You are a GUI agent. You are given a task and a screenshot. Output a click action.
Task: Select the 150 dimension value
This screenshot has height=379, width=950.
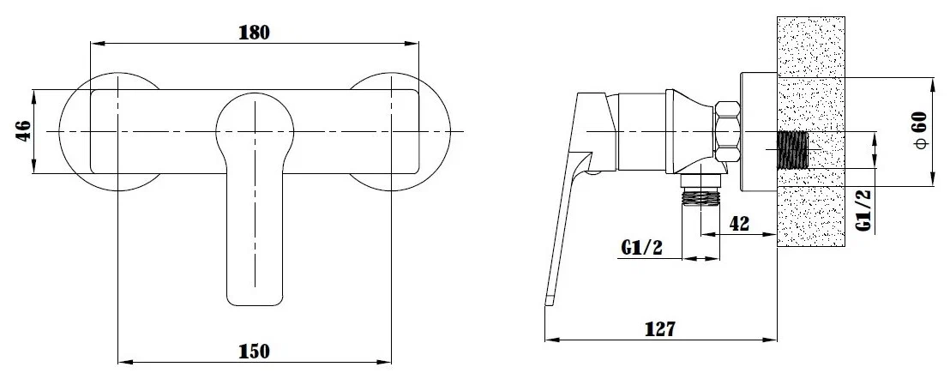(x=255, y=351)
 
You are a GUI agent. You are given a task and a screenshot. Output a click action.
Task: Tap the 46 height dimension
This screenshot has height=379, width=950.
(x=23, y=131)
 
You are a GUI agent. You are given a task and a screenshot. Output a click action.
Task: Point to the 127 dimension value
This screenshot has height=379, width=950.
(x=660, y=329)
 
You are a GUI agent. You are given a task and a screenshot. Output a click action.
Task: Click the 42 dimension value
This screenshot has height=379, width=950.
(x=738, y=224)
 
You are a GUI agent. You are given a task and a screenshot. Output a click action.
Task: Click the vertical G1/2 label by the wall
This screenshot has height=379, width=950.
(x=865, y=209)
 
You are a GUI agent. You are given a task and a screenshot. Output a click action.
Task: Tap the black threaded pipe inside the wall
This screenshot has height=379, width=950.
(x=792, y=149)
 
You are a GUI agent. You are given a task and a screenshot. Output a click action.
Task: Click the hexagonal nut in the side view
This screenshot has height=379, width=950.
(x=727, y=131)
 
